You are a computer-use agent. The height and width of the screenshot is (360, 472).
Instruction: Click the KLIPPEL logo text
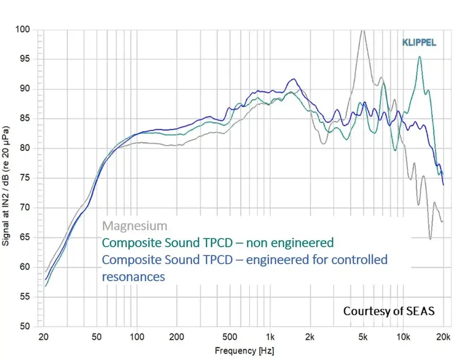(419, 43)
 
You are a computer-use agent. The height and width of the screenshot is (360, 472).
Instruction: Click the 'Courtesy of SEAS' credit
(388, 311)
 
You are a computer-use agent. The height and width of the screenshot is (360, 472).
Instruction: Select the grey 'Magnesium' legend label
(135, 226)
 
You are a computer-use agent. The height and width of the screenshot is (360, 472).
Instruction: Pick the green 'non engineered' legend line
(218, 243)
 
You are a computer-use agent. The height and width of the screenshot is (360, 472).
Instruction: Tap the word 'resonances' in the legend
(134, 276)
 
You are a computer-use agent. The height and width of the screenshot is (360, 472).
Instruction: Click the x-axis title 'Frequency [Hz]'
(244, 351)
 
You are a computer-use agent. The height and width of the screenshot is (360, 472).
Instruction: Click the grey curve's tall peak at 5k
(362, 31)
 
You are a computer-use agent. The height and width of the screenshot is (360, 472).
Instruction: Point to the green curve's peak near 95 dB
(419, 57)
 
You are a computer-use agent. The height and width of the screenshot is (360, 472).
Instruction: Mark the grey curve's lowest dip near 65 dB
(430, 239)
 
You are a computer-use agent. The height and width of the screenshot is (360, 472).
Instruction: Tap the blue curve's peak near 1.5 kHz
(294, 79)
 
